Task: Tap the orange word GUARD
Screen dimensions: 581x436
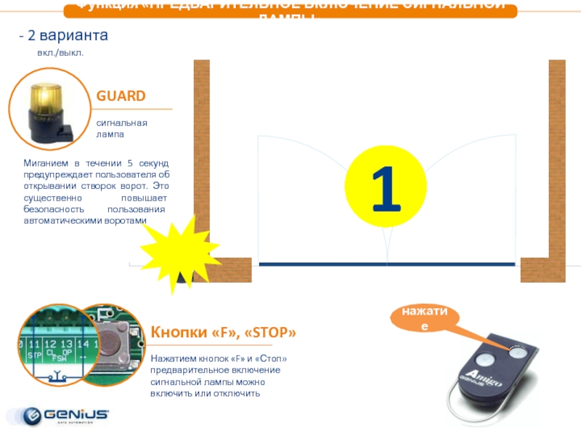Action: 121,96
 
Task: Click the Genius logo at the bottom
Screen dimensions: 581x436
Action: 66,415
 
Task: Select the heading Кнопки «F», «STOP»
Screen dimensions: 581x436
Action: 223,333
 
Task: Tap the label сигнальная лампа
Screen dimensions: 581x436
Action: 122,129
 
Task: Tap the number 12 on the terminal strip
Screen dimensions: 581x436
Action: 49,343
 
